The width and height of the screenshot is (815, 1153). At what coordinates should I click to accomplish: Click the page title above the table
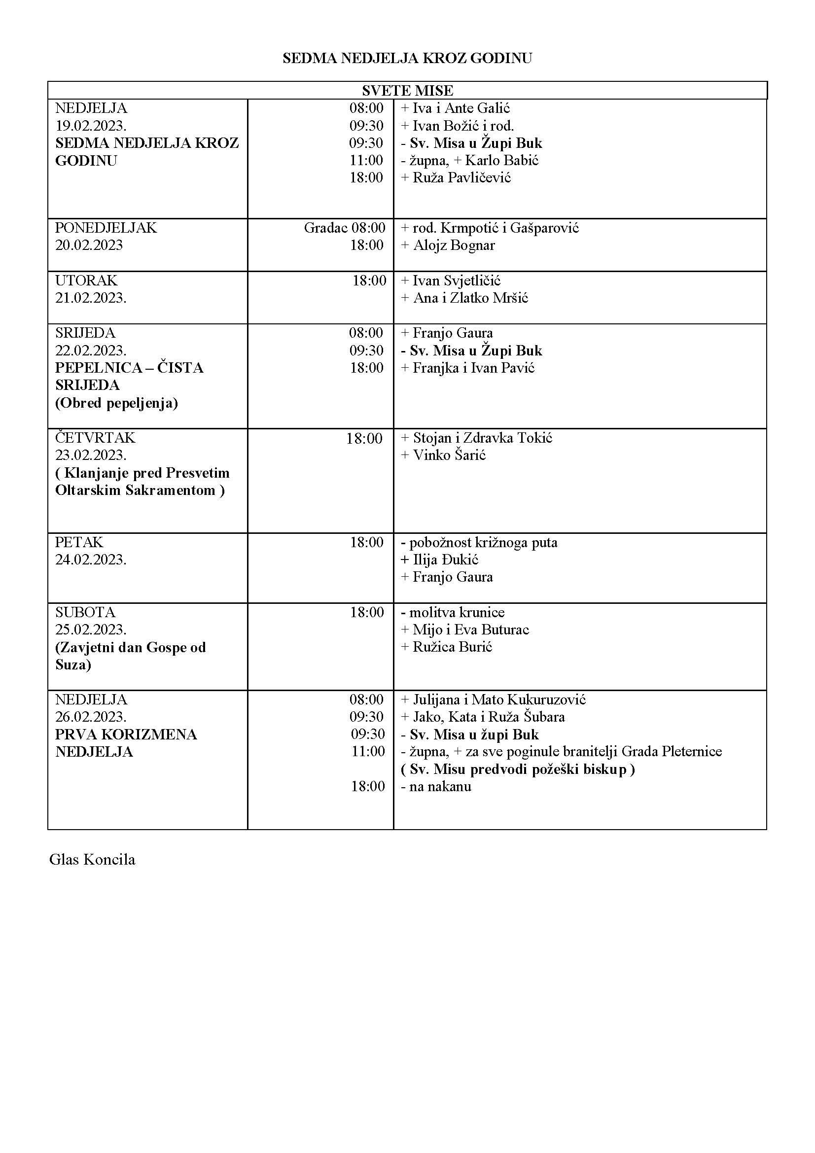(x=407, y=58)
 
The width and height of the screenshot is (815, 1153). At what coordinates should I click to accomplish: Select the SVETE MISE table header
(x=407, y=91)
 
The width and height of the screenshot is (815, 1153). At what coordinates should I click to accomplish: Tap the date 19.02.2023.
(x=90, y=126)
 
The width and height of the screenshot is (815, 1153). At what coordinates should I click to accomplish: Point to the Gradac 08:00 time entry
(x=345, y=228)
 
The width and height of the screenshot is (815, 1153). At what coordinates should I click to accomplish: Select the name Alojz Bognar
(x=454, y=245)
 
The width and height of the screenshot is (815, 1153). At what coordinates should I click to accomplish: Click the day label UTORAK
(x=86, y=280)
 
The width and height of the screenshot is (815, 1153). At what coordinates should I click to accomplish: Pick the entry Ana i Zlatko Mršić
(x=470, y=298)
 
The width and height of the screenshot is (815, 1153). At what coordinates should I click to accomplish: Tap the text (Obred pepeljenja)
(x=116, y=403)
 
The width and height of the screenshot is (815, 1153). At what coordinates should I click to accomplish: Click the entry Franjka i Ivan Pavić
(x=473, y=368)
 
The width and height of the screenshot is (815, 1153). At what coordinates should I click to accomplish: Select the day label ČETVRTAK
(x=95, y=438)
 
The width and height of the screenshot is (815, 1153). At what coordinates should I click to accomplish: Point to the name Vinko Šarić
(x=449, y=455)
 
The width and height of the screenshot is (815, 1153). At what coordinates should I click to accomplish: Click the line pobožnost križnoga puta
(x=483, y=543)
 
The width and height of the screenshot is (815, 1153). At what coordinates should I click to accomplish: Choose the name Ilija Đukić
(x=445, y=560)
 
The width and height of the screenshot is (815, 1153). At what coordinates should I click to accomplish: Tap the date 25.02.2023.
(x=90, y=629)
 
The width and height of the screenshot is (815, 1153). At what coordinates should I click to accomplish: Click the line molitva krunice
(x=457, y=613)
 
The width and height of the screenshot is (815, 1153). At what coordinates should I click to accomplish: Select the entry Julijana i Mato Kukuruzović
(x=498, y=699)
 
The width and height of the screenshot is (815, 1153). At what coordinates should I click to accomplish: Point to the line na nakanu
(x=440, y=786)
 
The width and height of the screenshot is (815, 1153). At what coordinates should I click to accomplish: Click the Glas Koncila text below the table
(x=92, y=860)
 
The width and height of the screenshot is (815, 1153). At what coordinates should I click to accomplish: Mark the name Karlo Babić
(x=501, y=161)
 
